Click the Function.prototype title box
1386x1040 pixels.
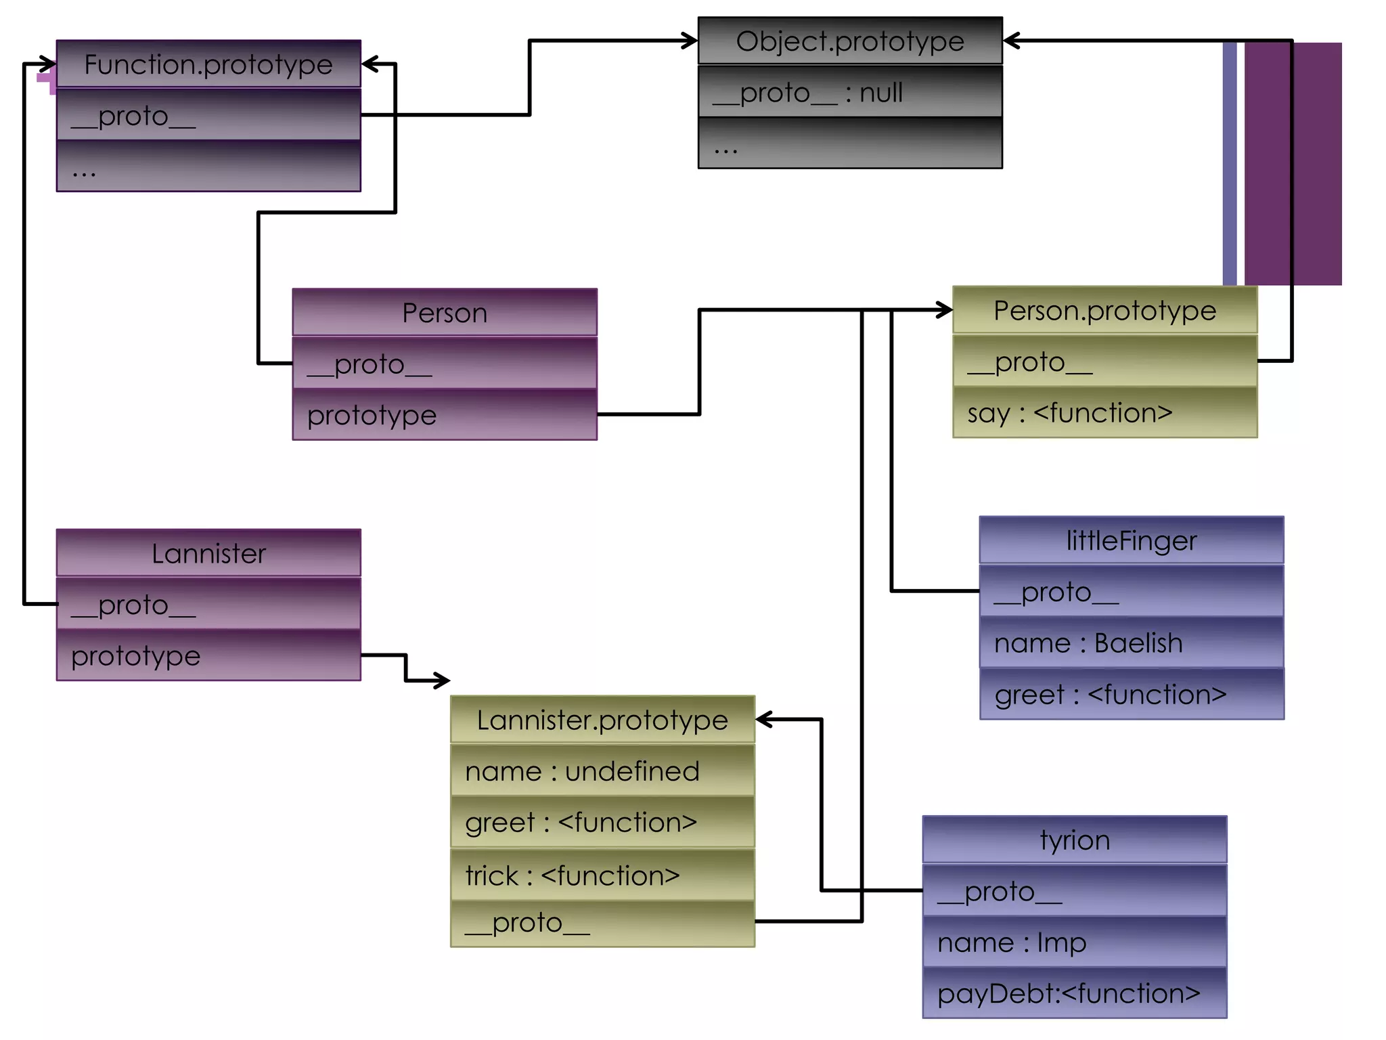(x=208, y=64)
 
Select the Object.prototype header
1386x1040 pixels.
(x=850, y=41)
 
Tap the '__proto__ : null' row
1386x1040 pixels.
(x=850, y=92)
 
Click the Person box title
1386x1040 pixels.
(x=445, y=313)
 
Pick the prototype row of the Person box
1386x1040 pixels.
(x=445, y=415)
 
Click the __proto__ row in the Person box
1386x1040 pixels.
(x=445, y=364)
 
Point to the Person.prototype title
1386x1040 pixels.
(x=1104, y=311)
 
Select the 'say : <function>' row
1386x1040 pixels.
(x=1104, y=413)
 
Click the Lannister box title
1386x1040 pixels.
(x=208, y=553)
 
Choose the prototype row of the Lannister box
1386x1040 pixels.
(x=208, y=655)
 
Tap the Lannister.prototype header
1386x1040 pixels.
(x=602, y=720)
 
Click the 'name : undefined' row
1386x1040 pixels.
(x=602, y=771)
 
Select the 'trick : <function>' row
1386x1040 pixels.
(x=602, y=875)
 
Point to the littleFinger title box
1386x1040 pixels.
(x=1132, y=540)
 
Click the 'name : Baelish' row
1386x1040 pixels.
(x=1132, y=643)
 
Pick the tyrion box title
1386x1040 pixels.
(x=1075, y=840)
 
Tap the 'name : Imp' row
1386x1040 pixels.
(x=1075, y=942)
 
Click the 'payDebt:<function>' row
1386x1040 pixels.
(x=1075, y=993)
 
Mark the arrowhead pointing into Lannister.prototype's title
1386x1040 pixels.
(x=763, y=720)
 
